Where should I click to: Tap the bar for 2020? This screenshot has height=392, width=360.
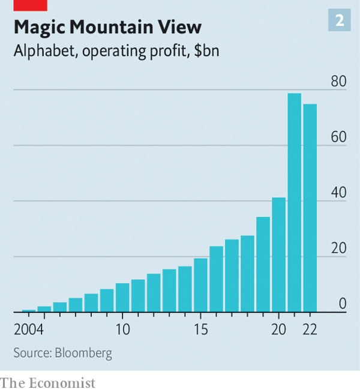point(278,255)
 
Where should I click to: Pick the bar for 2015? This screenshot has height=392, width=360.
point(200,285)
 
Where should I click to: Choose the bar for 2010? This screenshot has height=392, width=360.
point(122,298)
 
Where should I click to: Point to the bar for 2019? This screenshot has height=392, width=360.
point(263,264)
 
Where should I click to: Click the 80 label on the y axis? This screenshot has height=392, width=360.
point(338,82)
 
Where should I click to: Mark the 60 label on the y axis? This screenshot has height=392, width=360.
point(338,137)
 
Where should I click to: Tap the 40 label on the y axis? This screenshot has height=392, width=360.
point(338,193)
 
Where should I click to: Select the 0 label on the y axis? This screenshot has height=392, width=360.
point(342,304)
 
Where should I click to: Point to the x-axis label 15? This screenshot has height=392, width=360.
point(200,330)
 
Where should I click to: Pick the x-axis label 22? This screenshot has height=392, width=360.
point(310,330)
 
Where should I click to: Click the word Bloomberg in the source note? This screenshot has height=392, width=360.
point(83,352)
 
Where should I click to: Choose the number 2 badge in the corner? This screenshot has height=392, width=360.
point(339,21)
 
